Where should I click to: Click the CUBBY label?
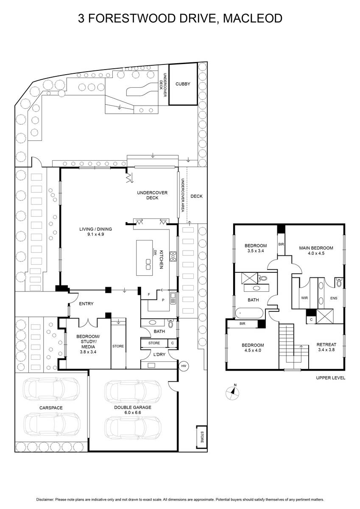tap(183, 84)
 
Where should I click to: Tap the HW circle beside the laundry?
tap(184, 366)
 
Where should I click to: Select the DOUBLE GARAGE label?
tap(133, 408)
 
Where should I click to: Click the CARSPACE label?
tap(51, 408)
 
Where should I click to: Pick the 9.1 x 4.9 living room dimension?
tap(96, 234)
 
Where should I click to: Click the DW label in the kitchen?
tap(156, 252)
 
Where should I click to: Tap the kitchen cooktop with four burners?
tap(173, 256)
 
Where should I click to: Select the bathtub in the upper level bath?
tap(249, 313)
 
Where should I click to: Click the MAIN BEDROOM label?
tap(316, 248)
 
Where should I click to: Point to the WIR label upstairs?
tap(304, 298)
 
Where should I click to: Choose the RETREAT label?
tap(327, 344)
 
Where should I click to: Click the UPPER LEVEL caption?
tap(330, 378)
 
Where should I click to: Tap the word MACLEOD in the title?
tap(253, 18)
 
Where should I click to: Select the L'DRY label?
tap(159, 354)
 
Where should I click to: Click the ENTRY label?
tap(86, 304)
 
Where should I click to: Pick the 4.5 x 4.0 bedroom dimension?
tap(253, 350)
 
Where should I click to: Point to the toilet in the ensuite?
tap(339, 282)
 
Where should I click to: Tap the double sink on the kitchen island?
tap(148, 264)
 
